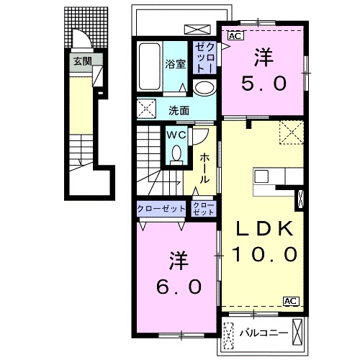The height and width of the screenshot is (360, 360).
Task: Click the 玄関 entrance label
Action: pos(83,61)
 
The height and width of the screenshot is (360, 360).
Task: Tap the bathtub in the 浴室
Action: pos(150,66)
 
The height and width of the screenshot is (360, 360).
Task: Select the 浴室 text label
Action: pos(175,64)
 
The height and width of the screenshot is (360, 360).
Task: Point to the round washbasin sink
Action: pos(204,88)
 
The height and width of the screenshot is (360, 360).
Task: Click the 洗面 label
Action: pos(179,111)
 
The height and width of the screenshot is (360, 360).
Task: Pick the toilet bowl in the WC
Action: pos(176,153)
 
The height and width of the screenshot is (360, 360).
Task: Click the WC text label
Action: pos(176,135)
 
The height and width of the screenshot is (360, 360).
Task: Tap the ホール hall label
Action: pos(204,168)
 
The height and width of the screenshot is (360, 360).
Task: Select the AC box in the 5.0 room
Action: pos(235,36)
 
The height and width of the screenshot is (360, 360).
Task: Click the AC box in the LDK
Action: pos(291,301)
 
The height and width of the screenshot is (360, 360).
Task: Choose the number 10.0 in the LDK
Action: pos(264,254)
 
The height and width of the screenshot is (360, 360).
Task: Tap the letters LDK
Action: pos(264,228)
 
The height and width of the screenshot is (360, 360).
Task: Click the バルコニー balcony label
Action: pos(264,333)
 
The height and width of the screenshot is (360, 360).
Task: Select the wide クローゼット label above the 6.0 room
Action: pos(161,209)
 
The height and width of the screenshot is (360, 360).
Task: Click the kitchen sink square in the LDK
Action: pos(261,176)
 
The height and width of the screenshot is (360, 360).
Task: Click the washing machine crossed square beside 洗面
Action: pos(146,108)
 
